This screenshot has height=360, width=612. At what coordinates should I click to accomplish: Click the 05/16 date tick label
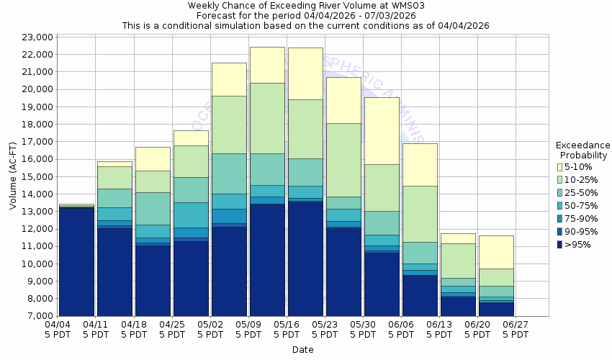(287, 330)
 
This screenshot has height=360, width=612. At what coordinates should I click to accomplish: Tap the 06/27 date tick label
(516, 330)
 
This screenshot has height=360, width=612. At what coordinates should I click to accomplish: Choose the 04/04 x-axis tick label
(58, 330)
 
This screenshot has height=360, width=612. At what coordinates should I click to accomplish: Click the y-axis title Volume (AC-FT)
(12, 176)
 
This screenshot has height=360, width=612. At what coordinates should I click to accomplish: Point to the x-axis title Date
(302, 350)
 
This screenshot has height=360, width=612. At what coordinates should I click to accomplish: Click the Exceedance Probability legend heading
(583, 150)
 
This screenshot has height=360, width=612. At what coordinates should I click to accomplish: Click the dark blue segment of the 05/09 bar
(266, 260)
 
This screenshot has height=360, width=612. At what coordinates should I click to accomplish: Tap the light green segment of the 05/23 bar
(343, 160)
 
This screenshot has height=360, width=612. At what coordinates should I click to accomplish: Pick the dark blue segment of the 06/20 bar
(495, 309)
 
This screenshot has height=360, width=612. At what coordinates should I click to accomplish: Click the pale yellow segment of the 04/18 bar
(153, 158)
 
